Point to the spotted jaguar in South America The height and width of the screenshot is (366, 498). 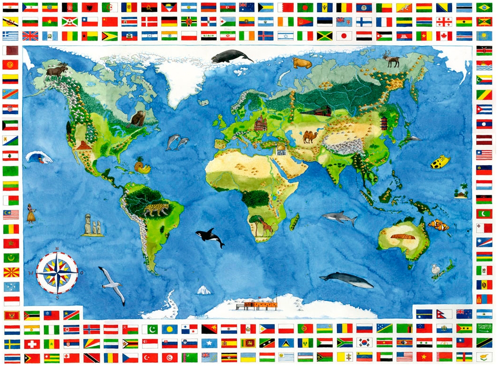(x=155, y=209)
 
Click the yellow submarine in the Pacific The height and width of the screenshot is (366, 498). (x=439, y=162)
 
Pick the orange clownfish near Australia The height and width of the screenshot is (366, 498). (x=439, y=225)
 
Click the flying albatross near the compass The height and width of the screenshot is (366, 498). (x=112, y=284)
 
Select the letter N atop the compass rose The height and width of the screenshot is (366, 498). (x=57, y=249)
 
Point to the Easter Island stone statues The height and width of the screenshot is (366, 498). (x=93, y=225)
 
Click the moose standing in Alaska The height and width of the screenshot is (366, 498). (x=57, y=72)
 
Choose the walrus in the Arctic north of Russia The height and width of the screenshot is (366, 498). (x=302, y=63)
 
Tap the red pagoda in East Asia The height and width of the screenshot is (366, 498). (x=384, y=123)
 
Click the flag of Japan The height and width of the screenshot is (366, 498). (x=344, y=36)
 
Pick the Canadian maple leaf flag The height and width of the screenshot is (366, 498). (x=444, y=36)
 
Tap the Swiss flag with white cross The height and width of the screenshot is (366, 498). (x=32, y=343)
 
